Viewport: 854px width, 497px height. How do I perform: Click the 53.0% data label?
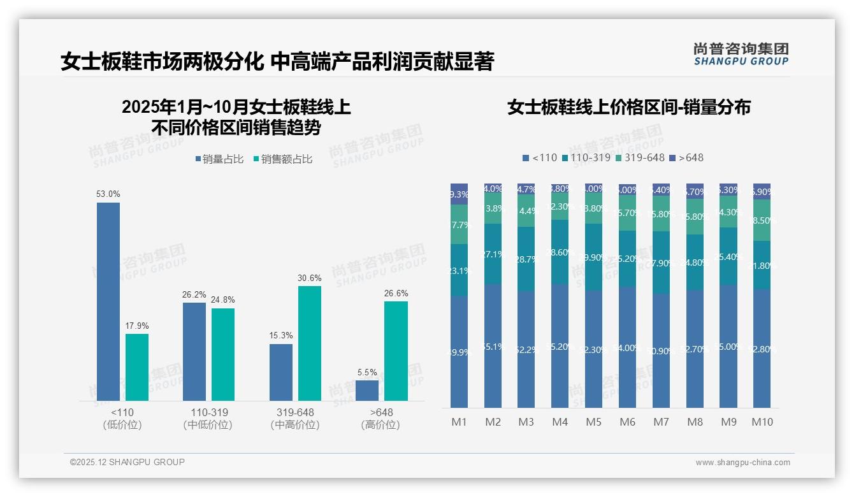click(108, 194)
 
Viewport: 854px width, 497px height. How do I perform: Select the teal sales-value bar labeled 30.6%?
click(310, 343)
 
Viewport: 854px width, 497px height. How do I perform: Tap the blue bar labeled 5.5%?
click(367, 390)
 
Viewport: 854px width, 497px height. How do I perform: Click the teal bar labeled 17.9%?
click(137, 367)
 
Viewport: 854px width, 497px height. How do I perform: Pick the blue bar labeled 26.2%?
click(194, 351)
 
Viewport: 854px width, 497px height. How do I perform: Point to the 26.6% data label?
click(396, 293)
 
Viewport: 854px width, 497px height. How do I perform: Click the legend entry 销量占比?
click(219, 159)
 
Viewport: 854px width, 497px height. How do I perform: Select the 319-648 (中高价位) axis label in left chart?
click(295, 419)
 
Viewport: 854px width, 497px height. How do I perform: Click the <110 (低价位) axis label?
click(122, 419)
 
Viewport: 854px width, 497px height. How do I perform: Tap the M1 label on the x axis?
click(459, 422)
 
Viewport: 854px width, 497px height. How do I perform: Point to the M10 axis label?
click(762, 422)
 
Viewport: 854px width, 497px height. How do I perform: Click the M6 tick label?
click(627, 422)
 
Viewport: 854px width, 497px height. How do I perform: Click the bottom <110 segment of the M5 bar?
click(593, 349)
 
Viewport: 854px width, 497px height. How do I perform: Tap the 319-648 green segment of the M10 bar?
click(762, 220)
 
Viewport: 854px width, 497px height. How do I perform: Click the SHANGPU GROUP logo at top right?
click(741, 54)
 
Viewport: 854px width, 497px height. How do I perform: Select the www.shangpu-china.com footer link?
click(742, 463)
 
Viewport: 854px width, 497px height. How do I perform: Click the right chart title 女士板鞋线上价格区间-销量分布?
click(628, 107)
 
